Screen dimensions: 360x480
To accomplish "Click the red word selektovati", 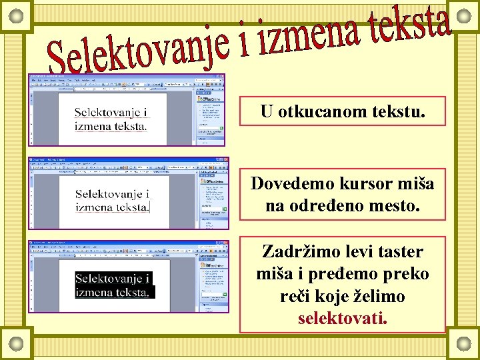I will pos(342,317).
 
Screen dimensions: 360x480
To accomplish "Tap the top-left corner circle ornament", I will pos(17,15).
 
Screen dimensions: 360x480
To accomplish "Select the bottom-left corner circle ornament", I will pos(17,343).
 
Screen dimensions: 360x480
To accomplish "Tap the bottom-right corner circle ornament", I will pos(463,343).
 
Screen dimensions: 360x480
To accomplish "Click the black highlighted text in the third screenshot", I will pos(113,285).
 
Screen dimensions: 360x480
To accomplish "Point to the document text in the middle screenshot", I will pos(112,201).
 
